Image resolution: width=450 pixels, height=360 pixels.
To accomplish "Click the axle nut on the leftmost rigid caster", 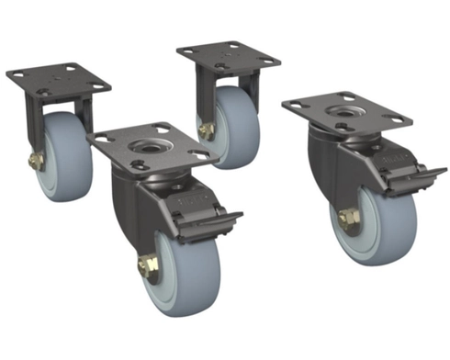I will point(35,162).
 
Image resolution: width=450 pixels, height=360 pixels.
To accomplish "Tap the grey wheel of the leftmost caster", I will point(70,156).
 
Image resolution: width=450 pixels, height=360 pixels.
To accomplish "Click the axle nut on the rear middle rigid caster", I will point(207,131).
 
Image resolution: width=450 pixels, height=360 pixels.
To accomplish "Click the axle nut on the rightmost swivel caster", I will point(349,220).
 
